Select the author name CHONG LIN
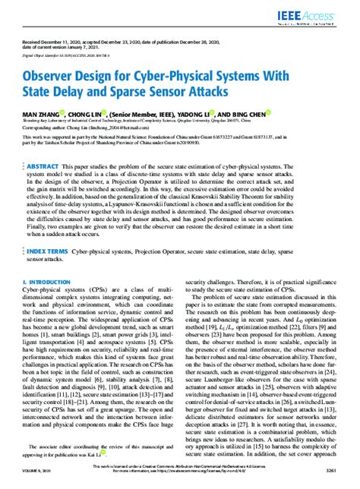pyautogui.click(x=95, y=114)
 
